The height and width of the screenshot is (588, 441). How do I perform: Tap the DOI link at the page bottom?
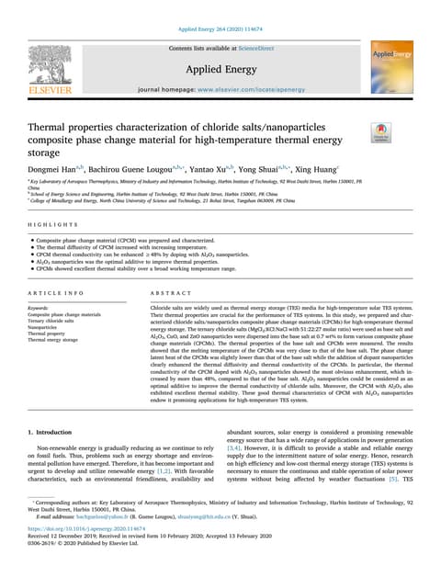point(87,555)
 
